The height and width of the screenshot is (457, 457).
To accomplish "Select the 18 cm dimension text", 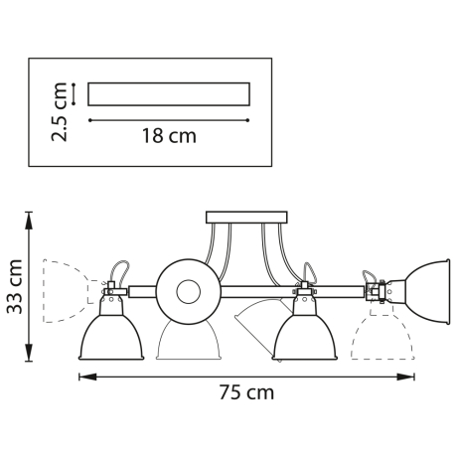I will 168,137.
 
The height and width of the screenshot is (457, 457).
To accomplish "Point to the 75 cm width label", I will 246,392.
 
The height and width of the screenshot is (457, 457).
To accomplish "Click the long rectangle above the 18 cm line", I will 168,94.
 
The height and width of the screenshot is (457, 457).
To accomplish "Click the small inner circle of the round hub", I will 186,291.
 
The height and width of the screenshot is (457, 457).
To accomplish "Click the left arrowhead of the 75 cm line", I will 83,377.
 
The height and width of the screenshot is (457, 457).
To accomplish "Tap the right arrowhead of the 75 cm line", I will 409,377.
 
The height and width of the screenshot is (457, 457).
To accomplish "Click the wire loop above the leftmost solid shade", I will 119,271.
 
